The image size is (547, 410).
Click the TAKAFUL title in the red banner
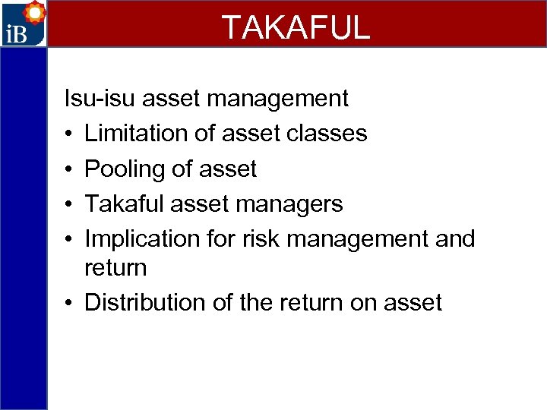pos(296,27)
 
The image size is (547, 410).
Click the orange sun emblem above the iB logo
pos(34,13)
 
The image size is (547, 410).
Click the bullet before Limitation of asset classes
pos(68,134)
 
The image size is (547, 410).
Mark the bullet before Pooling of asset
pos(68,169)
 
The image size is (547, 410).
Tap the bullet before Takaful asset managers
pos(68,204)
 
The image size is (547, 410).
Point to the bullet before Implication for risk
pos(68,239)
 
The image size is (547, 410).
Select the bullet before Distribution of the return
pos(68,303)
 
